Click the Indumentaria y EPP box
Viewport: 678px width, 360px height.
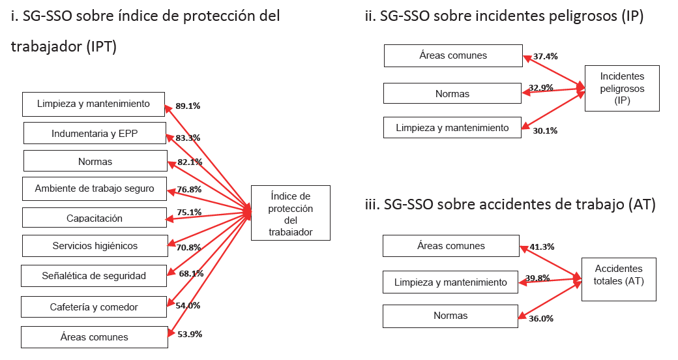coord(95,134)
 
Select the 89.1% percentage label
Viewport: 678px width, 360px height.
coord(188,105)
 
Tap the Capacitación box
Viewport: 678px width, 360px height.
coord(95,218)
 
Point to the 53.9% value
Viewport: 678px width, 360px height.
coord(190,334)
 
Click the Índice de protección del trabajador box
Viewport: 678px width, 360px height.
coord(290,213)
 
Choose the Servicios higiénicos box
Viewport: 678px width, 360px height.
coord(95,246)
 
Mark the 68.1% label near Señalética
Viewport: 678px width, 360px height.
coord(191,273)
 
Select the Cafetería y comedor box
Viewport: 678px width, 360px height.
coord(94,307)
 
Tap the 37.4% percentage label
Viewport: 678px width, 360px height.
coord(545,57)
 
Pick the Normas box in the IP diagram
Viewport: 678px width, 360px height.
coord(452,93)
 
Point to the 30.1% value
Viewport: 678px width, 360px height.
coord(545,130)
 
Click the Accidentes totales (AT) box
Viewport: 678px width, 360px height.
coord(618,278)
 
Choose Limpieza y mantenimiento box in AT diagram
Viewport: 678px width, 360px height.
coord(450,282)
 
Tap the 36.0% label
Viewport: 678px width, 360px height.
coord(540,318)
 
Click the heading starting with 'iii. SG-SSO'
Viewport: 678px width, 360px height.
coord(510,204)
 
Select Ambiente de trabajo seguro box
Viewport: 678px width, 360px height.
coord(95,188)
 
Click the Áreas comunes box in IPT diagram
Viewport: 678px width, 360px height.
coord(94,337)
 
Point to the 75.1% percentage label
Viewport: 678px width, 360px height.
coord(189,212)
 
